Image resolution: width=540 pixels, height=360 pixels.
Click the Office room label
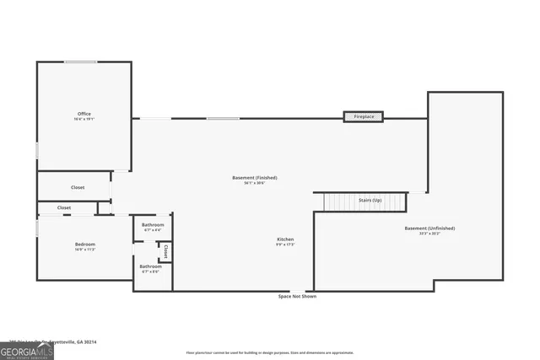(x=84, y=114)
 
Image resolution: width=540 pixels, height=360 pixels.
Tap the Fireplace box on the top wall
(x=364, y=116)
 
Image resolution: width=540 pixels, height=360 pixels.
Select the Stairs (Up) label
(x=370, y=200)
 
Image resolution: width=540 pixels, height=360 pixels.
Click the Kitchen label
(x=285, y=239)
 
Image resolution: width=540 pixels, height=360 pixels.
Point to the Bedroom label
(x=84, y=244)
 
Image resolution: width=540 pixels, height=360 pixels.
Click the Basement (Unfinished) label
(x=429, y=228)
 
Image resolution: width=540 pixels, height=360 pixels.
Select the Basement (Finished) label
(x=255, y=178)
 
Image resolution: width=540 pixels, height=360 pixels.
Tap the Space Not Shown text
(x=297, y=297)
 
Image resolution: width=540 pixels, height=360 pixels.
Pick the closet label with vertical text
(x=166, y=251)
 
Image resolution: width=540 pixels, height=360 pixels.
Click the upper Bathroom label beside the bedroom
(x=153, y=225)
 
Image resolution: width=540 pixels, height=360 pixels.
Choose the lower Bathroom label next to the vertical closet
(x=151, y=266)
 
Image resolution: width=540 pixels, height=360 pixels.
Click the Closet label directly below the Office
(x=78, y=187)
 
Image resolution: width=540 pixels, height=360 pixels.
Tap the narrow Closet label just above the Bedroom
(x=64, y=207)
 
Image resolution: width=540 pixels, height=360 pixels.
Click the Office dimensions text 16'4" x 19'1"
(x=84, y=120)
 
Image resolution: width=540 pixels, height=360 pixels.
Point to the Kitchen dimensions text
(x=285, y=245)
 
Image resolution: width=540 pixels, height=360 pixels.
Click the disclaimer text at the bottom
(x=270, y=352)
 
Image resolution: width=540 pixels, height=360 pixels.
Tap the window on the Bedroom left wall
(x=36, y=228)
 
